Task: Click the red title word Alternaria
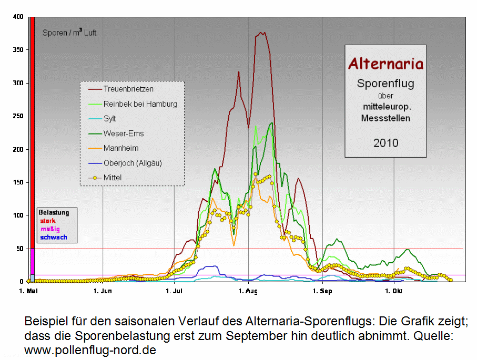385,64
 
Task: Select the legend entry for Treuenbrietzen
128,89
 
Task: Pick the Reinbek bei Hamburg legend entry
140,104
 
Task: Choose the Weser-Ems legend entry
123,133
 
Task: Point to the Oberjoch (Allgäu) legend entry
132,163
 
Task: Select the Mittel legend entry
113,178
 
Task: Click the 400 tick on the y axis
18,17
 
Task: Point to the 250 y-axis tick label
18,116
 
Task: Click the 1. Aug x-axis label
247,291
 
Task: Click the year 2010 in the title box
385,142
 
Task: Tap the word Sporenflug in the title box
385,83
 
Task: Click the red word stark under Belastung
48,221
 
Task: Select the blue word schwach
54,238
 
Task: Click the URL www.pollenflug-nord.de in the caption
90,349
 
